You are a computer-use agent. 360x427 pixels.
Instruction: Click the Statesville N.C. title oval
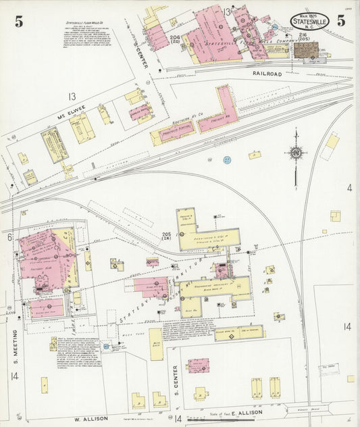[310, 22]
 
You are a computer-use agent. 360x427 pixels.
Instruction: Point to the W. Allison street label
[91, 418]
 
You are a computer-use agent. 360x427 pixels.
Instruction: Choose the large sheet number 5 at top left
[18, 21]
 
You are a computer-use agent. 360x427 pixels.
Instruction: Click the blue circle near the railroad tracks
[227, 159]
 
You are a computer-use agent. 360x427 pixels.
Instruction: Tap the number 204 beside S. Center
[175, 38]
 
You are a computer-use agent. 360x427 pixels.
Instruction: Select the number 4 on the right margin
[349, 187]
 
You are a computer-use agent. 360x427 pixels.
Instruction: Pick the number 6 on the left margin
[10, 237]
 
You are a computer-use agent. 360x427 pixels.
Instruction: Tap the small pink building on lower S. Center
[198, 366]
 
